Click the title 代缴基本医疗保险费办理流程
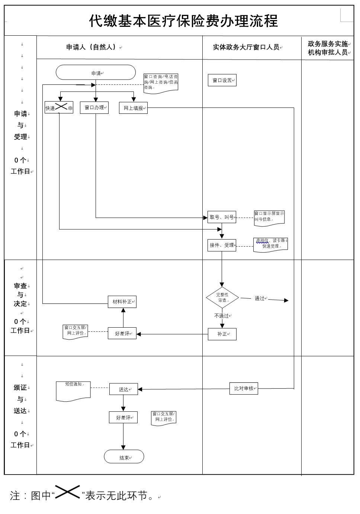pyautogui.click(x=183, y=21)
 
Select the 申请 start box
pyautogui.click(x=96, y=73)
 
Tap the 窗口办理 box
pyautogui.click(x=94, y=107)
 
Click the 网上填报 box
pyautogui.click(x=133, y=108)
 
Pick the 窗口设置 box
pyautogui.click(x=222, y=80)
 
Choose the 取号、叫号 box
pyautogui.click(x=222, y=217)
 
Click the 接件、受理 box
pyautogui.click(x=222, y=245)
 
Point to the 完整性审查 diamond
pyautogui.click(x=222, y=298)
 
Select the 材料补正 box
pyautogui.click(x=122, y=302)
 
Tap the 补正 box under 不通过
pyautogui.click(x=222, y=334)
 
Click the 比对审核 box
pyautogui.click(x=244, y=389)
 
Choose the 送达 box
pyautogui.click(x=123, y=389)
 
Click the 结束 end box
pyautogui.click(x=124, y=457)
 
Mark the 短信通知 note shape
pyautogui.click(x=73, y=391)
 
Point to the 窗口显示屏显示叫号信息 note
pyautogui.click(x=269, y=218)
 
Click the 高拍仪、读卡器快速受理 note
pyautogui.click(x=270, y=244)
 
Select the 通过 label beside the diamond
pyautogui.click(x=260, y=298)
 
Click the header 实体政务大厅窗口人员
pyautogui.click(x=246, y=47)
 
